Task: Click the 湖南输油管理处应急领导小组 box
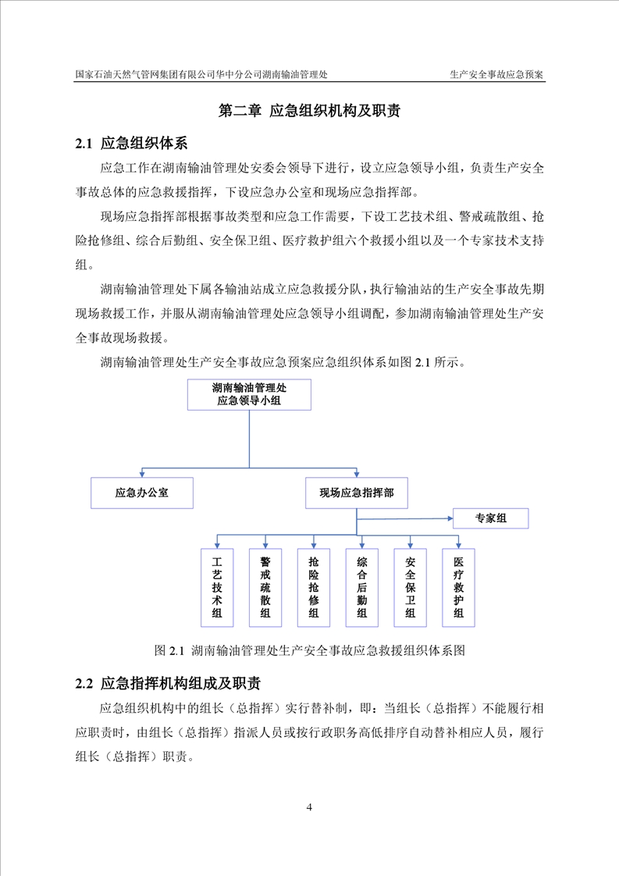click(249, 394)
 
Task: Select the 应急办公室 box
click(142, 493)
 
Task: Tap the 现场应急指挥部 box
click(356, 493)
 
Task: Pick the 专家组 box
click(491, 518)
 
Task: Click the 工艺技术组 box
click(217, 587)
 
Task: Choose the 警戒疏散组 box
click(265, 587)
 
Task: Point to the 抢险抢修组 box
click(314, 587)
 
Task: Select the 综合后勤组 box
click(362, 587)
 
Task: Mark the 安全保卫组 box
click(411, 587)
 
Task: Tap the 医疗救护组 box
click(458, 587)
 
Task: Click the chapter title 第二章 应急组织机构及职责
click(309, 111)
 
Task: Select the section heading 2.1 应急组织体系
click(130, 143)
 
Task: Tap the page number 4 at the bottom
click(310, 807)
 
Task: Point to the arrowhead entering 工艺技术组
click(217, 545)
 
